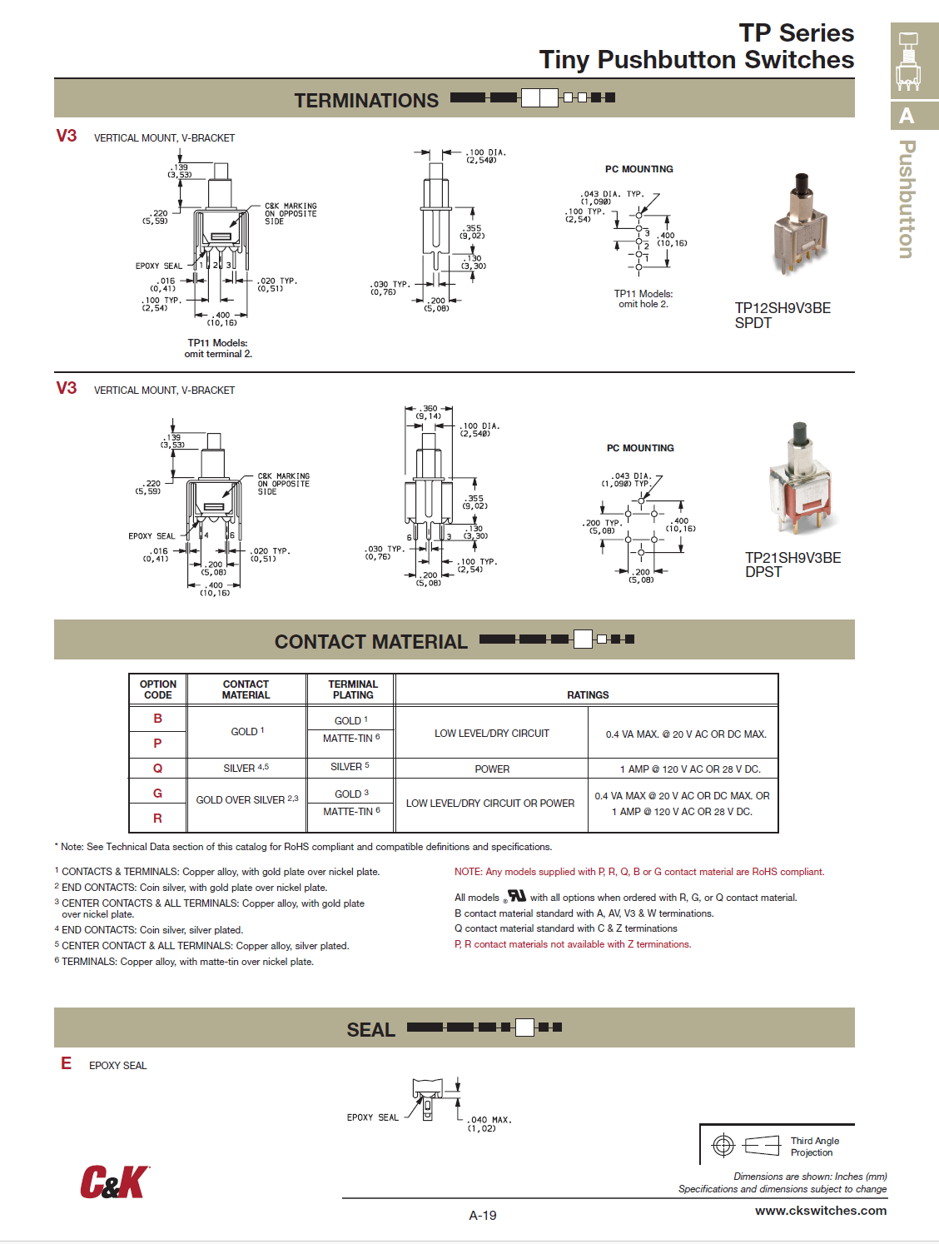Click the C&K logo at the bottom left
point(114,1182)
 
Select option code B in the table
point(157,719)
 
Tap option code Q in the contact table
point(157,769)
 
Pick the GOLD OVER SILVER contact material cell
point(246,800)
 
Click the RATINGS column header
point(588,694)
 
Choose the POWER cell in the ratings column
point(492,769)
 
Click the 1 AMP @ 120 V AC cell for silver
point(689,769)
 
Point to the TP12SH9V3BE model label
point(782,308)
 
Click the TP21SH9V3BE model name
point(792,558)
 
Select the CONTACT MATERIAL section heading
point(371,642)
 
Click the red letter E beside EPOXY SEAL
point(66,1063)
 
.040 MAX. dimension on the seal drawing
point(489,1120)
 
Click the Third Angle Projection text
point(814,1147)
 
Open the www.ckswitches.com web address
point(821,1211)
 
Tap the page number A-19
point(483,1216)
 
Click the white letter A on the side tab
point(907,116)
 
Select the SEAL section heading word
point(370,1030)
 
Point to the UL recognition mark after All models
point(516,896)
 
